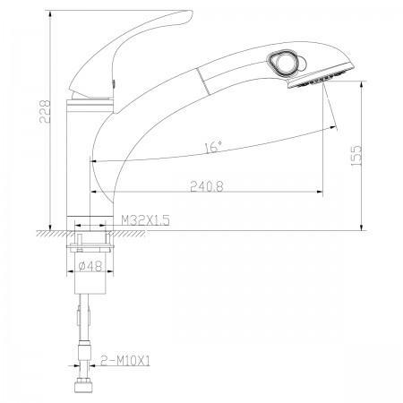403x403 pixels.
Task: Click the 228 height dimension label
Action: point(45,112)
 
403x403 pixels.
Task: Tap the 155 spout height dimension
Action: point(356,156)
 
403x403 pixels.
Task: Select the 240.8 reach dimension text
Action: point(207,186)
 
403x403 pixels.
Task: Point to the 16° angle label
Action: point(213,147)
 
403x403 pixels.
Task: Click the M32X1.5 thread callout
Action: point(145,220)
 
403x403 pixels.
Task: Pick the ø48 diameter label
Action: point(90,266)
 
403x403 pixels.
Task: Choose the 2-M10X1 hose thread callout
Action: point(125,361)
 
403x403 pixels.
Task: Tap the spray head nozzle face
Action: point(320,77)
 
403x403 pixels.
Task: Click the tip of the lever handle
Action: point(191,13)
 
